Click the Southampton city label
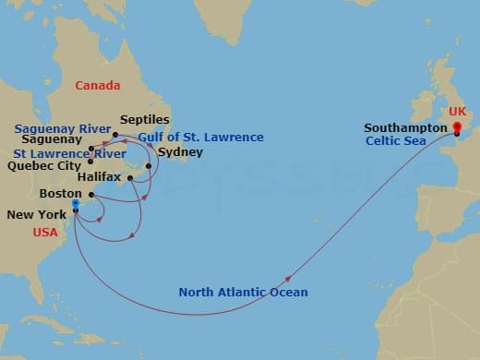[x=404, y=128]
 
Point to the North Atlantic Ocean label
[x=244, y=293]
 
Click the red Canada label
[x=98, y=86]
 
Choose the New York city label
[x=36, y=214]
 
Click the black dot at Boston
[x=91, y=194]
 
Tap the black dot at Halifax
[x=130, y=177]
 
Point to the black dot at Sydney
[x=149, y=166]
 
